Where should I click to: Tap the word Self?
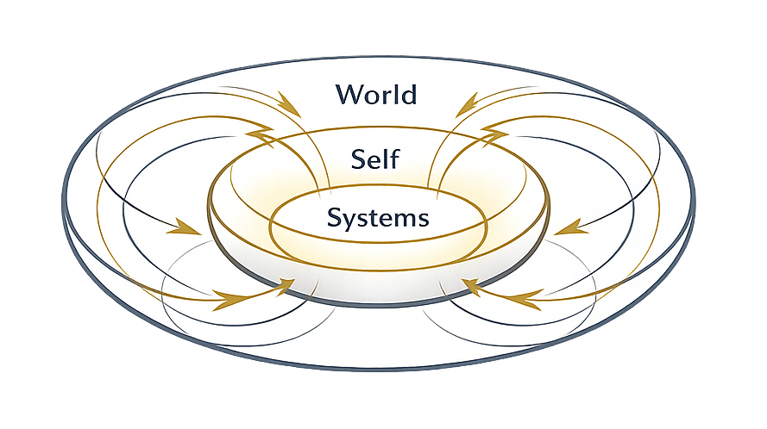coord(375,158)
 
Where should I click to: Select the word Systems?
coord(377,218)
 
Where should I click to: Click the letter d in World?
coord(407,93)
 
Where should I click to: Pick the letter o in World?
coord(371,96)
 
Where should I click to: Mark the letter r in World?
coord(386,96)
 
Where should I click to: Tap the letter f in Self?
coord(394,157)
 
